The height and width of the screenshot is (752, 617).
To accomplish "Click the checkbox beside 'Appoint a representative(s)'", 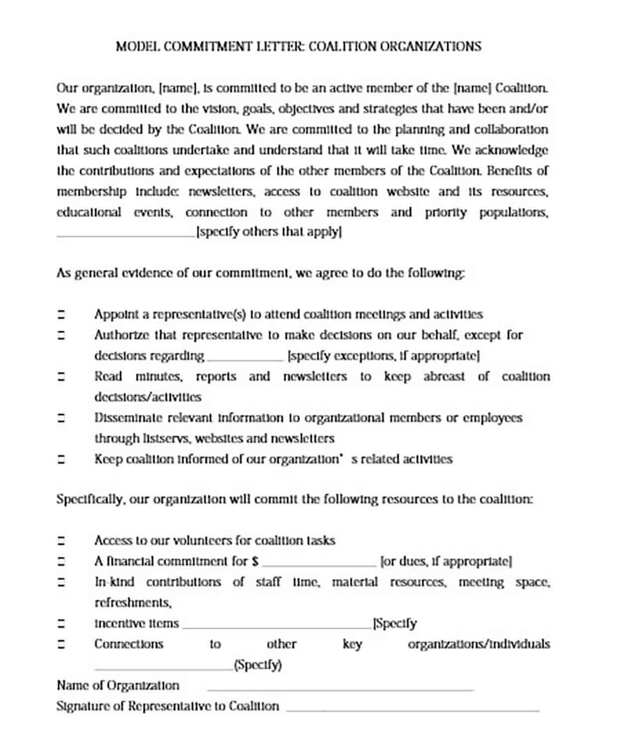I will click(x=61, y=315).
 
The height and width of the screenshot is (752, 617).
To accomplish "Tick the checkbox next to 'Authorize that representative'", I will click(x=61, y=335).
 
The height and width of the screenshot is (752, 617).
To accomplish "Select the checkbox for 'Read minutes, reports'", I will click(x=61, y=376).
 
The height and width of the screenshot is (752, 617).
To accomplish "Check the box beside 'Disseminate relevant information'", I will click(x=61, y=418).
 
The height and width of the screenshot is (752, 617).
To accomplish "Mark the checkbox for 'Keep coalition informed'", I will click(x=61, y=459).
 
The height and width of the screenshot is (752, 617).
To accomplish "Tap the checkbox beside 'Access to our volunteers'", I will click(x=61, y=541).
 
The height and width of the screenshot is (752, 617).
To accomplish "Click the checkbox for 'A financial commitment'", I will click(x=61, y=562).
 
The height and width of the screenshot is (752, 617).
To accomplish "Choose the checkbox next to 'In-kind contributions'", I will click(x=61, y=582).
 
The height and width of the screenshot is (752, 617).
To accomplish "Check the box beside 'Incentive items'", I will click(x=61, y=624).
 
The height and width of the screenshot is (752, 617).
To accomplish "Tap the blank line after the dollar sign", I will click(x=319, y=564).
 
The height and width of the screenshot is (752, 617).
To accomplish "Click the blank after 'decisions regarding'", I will click(x=245, y=358).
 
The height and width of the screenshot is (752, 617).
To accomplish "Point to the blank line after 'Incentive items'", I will click(x=277, y=626).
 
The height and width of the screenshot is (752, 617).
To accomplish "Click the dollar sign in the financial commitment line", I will click(x=255, y=562).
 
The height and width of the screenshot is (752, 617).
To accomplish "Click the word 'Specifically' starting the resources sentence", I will click(x=89, y=500).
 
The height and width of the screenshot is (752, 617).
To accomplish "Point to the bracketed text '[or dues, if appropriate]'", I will click(x=446, y=562).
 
